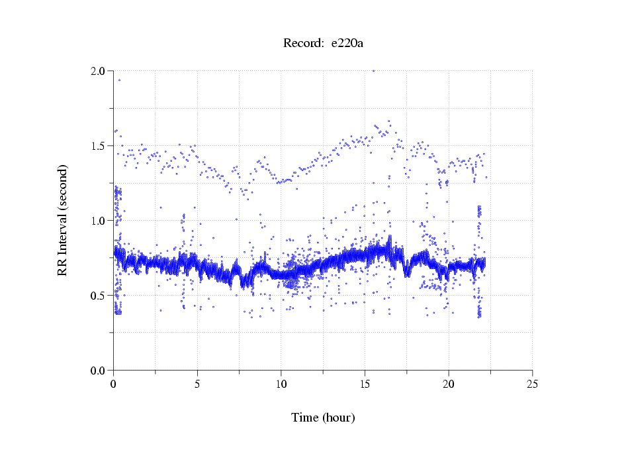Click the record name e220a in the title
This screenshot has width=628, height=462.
coord(347,44)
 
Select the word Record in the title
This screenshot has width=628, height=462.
coord(303,44)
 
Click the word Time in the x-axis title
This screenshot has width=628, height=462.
coord(306,418)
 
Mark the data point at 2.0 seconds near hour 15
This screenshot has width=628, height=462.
coord(373,71)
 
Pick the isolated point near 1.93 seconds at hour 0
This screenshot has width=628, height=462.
coord(119,80)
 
